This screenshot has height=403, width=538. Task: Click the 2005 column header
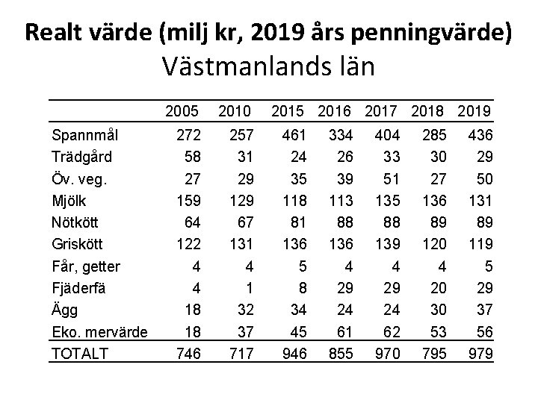[x=183, y=112]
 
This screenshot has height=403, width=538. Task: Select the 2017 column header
[x=386, y=112]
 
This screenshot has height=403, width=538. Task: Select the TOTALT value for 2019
[x=479, y=352]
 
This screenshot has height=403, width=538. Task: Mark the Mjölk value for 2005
[x=185, y=200]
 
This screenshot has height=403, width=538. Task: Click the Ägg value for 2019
[x=483, y=309]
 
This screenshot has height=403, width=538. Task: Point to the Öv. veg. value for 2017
[x=390, y=179]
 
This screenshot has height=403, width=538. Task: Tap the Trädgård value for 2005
[x=190, y=157]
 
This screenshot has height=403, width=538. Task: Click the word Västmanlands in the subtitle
[x=239, y=67]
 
